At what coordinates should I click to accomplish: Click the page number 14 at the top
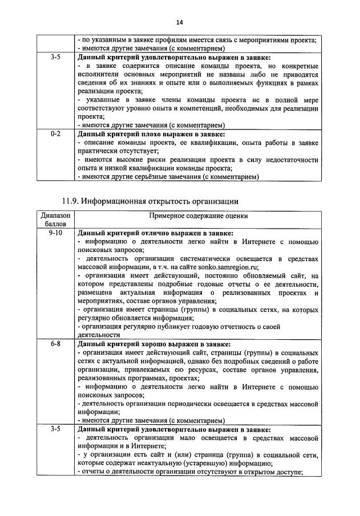tap(180, 22)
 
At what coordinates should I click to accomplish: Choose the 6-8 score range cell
tap(56, 344)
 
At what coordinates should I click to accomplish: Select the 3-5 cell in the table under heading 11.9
tap(56, 429)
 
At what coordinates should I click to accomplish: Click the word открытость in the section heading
tap(184, 201)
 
